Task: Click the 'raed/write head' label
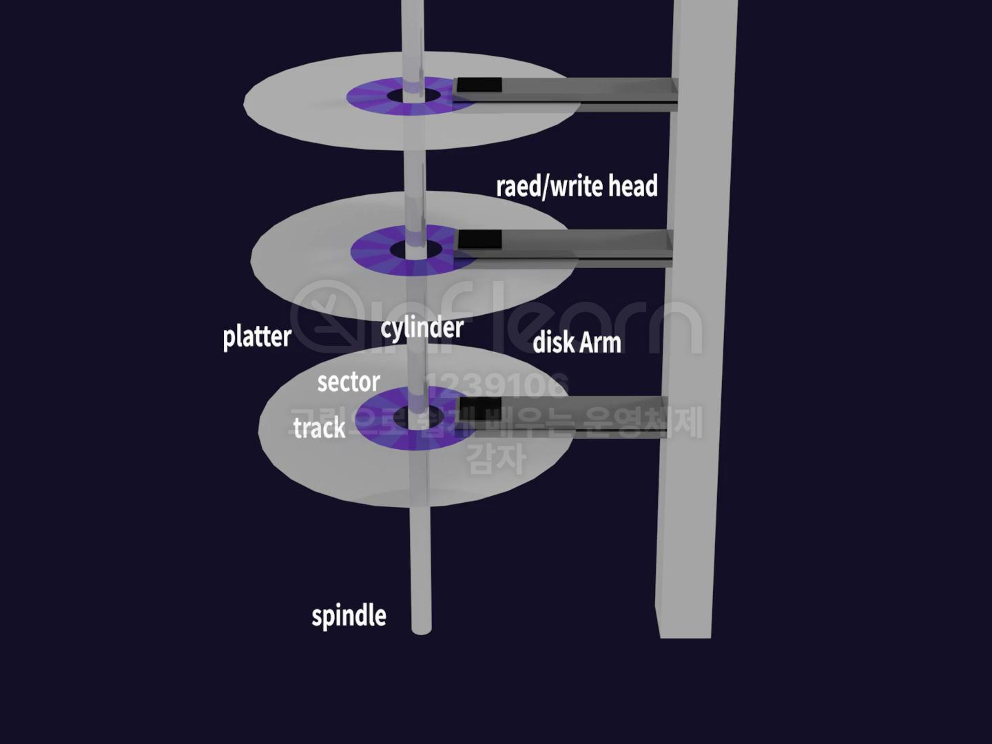pos(577,186)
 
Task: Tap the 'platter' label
pos(257,337)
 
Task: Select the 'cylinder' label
pos(422,328)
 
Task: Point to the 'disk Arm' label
pos(577,342)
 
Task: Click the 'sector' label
pos(349,382)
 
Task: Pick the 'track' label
pos(319,428)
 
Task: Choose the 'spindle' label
pos(349,615)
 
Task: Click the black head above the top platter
pos(479,86)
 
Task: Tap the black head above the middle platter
pos(479,240)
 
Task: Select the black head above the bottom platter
pos(479,406)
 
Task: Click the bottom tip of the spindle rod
pos(421,628)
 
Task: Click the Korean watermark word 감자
pos(496,458)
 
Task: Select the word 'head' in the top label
pos(632,186)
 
